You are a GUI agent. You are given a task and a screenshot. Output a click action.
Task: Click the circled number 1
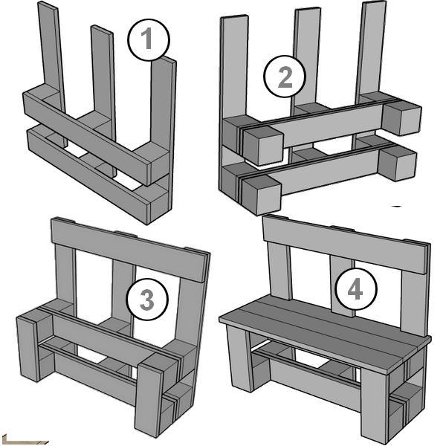pos(149,40)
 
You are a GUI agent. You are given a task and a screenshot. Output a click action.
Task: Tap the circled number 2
pos(285,77)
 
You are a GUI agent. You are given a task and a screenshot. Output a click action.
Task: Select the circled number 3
pos(147,300)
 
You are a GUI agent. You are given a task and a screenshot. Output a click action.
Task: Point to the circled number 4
pos(356,289)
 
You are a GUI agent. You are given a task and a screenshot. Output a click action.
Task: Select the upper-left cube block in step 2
pos(263,146)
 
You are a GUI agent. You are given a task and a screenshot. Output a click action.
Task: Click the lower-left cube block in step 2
pos(262,195)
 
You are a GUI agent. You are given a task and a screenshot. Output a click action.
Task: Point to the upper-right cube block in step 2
pos(401,117)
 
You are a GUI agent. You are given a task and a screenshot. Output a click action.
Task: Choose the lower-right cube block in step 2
pos(398,163)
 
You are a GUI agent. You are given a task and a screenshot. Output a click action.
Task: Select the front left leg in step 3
pos(28,349)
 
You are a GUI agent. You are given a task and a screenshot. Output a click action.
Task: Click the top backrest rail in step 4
pos(346,244)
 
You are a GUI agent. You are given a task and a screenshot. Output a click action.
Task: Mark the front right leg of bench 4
pos(375,406)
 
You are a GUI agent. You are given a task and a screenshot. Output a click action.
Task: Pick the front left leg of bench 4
pos(239,359)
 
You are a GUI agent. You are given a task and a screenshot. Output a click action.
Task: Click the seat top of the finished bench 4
pos(325,332)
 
